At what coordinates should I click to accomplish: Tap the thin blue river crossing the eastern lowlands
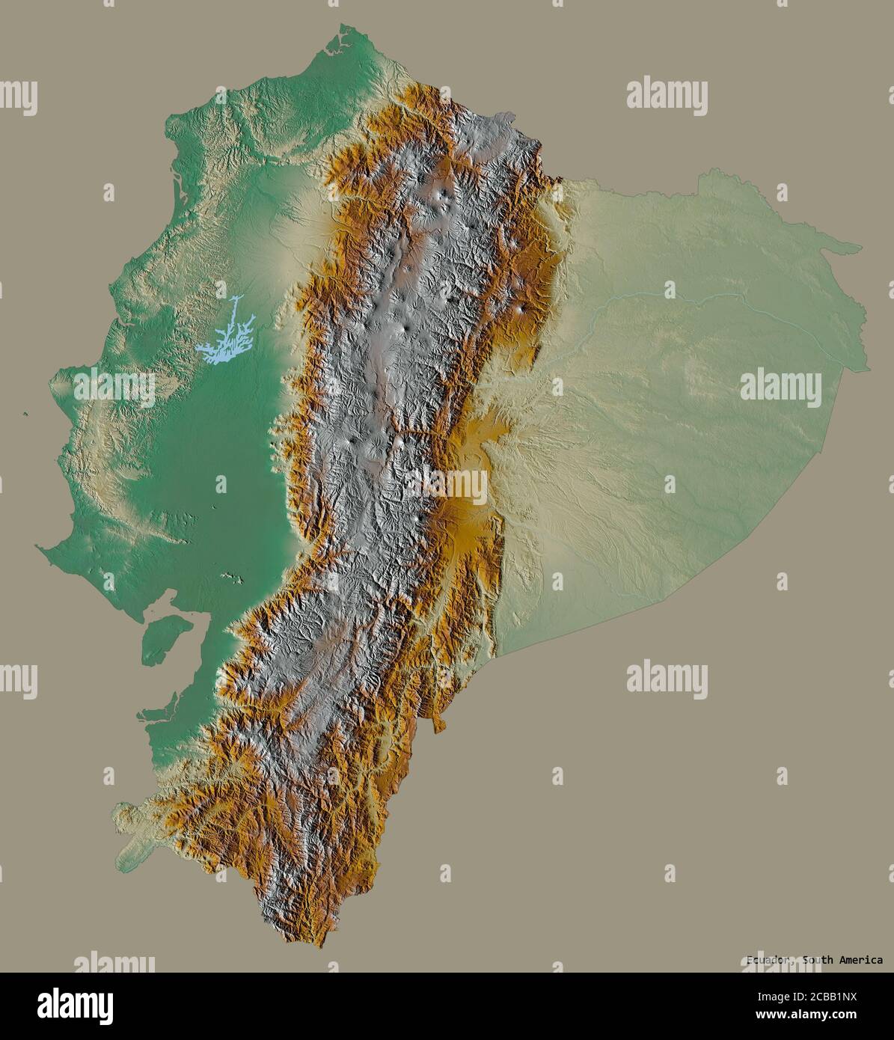tap(673, 299)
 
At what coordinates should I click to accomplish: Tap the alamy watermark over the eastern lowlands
tap(780, 388)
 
